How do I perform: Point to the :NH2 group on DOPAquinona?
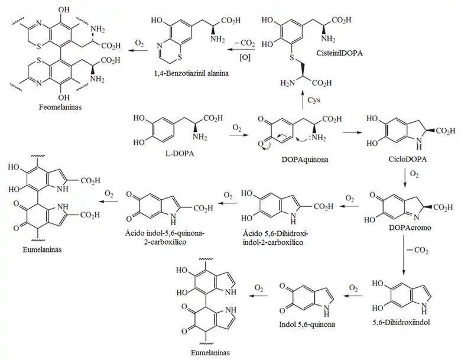click(x=320, y=141)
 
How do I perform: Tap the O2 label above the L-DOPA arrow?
click(x=237, y=127)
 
